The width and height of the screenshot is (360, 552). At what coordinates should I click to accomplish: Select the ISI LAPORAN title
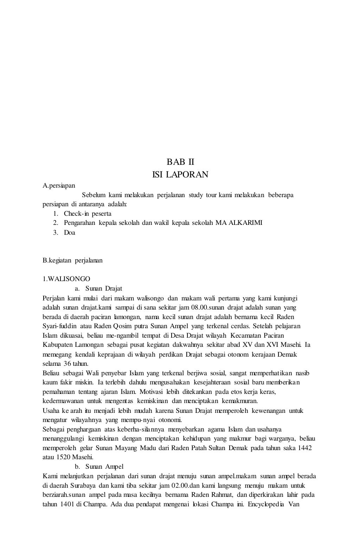[x=180, y=174]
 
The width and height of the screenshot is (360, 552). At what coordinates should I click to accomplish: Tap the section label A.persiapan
[x=59, y=185]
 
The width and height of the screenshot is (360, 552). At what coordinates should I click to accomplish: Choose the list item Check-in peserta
[x=88, y=214]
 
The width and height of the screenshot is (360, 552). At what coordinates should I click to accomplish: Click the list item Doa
[x=69, y=232]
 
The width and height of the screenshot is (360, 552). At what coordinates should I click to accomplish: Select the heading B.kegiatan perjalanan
[x=72, y=261]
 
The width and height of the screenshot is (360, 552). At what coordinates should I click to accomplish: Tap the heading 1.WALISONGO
[x=66, y=279]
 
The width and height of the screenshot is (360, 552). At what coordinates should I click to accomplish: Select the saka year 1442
[x=304, y=448]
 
